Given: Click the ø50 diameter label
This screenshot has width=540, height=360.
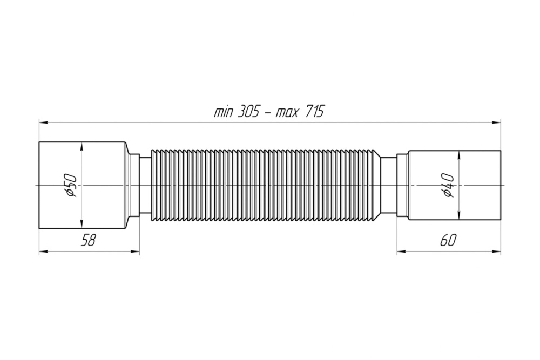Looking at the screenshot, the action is [x=72, y=185].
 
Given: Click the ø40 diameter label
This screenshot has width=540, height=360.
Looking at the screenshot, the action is [x=449, y=185].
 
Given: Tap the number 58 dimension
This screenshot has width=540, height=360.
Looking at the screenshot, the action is [x=88, y=240].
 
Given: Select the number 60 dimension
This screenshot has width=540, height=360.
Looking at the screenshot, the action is [x=448, y=240].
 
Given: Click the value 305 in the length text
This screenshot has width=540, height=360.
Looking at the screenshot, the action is [x=248, y=112].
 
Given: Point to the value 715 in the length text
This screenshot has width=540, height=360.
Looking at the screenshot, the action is [x=314, y=112].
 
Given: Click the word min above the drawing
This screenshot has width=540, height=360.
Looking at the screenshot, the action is [x=224, y=113].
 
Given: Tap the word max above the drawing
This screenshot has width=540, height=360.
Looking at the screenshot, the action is [x=287, y=113].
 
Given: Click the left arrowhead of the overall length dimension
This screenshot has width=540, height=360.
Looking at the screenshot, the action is [x=43, y=122].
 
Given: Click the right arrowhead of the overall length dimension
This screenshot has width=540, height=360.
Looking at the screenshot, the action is [x=497, y=122].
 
